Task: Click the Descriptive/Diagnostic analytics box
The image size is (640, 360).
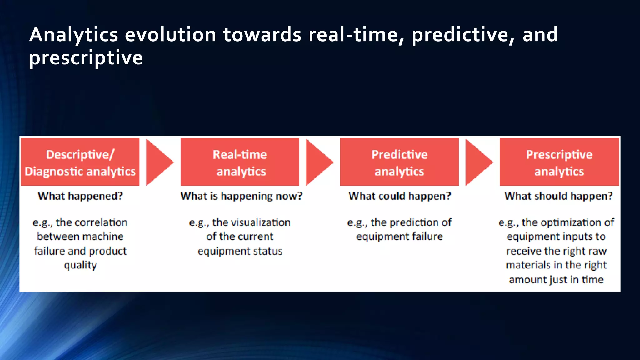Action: click(80, 162)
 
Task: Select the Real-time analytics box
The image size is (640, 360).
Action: click(240, 162)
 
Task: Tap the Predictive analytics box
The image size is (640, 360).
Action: click(399, 162)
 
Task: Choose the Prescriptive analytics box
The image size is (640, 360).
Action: click(559, 162)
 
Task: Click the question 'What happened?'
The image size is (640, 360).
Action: click(80, 196)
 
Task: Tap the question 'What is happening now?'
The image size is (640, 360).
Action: click(241, 196)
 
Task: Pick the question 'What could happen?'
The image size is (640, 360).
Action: click(400, 196)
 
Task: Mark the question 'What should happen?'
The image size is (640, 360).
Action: click(558, 196)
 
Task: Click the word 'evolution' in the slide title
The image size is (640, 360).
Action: click(171, 34)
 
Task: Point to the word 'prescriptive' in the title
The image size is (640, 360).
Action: click(86, 58)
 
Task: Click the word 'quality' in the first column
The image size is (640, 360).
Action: click(80, 266)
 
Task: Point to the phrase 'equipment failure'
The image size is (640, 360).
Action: click(399, 237)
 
